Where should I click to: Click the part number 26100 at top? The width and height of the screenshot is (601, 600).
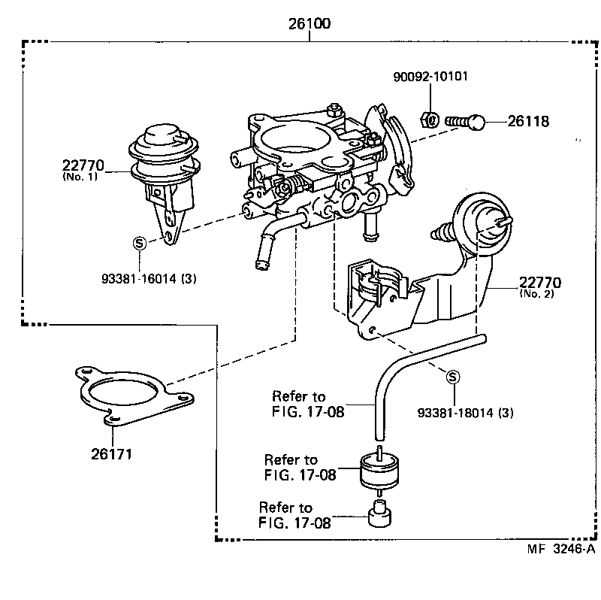[309, 23]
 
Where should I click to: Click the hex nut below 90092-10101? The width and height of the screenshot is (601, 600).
[427, 119]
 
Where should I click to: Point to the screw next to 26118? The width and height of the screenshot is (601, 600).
[467, 120]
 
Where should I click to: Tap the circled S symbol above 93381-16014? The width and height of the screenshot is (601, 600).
[139, 243]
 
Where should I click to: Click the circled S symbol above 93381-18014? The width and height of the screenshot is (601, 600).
[454, 377]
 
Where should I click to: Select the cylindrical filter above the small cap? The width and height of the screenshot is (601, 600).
[379, 471]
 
